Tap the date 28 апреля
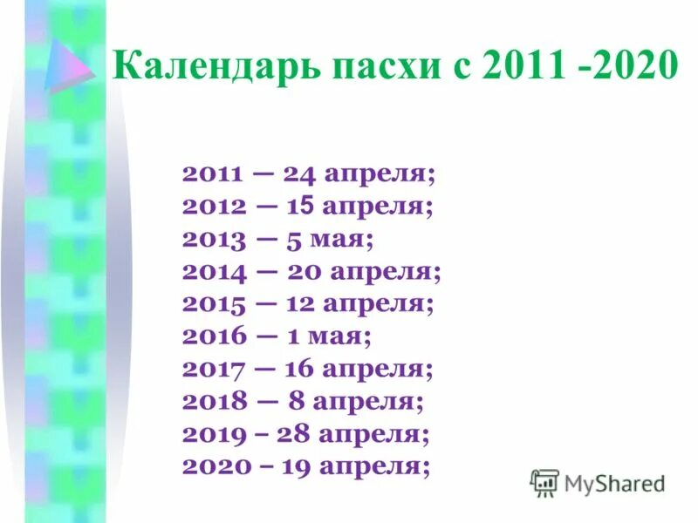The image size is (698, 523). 354,433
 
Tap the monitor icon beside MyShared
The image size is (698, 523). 544,482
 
